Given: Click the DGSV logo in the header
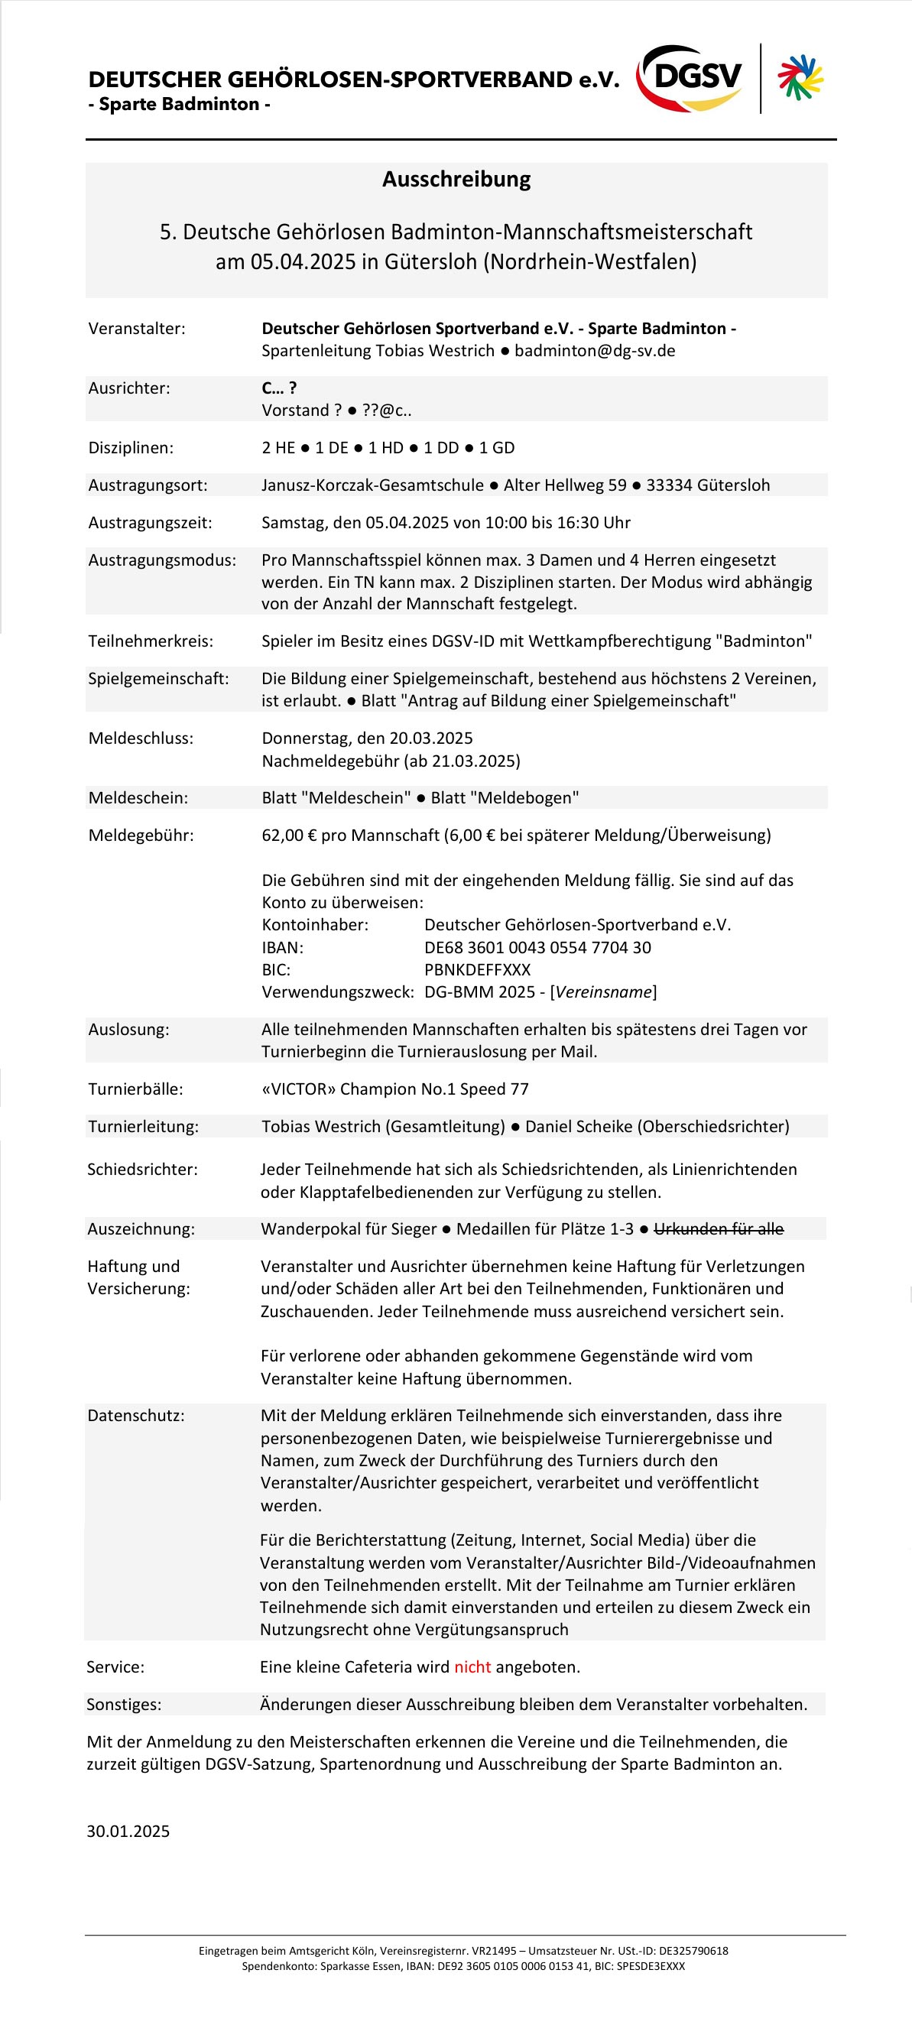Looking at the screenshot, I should tap(690, 78).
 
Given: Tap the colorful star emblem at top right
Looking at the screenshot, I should tap(800, 78).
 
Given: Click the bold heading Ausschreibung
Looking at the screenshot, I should tap(456, 179).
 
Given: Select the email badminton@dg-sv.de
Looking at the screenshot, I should tap(595, 351).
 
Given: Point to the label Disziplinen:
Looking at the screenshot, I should tap(131, 448).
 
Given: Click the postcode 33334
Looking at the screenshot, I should tap(670, 485).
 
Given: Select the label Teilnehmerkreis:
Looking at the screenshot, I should tap(150, 641).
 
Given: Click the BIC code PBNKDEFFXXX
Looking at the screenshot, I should tap(477, 970).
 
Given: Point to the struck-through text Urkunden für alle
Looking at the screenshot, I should tap(719, 1228).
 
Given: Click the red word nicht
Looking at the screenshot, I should tap(472, 1666).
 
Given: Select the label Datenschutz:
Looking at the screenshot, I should tap(135, 1416).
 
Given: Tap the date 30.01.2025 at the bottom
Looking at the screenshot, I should tap(128, 1831).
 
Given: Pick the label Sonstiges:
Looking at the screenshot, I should tap(123, 1704).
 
